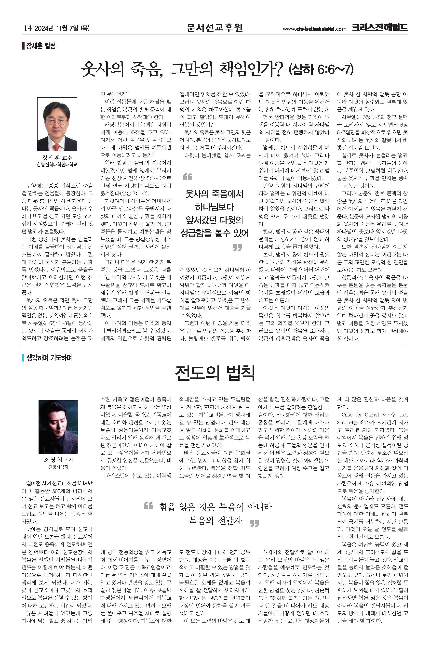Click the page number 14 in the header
click(28, 28)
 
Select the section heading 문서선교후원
click(215, 27)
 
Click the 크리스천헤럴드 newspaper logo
click(380, 27)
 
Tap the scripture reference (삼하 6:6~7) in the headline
click(321, 70)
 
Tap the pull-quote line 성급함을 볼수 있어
click(215, 233)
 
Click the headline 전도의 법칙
click(215, 373)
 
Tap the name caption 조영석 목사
click(58, 459)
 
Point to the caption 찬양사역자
click(58, 466)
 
